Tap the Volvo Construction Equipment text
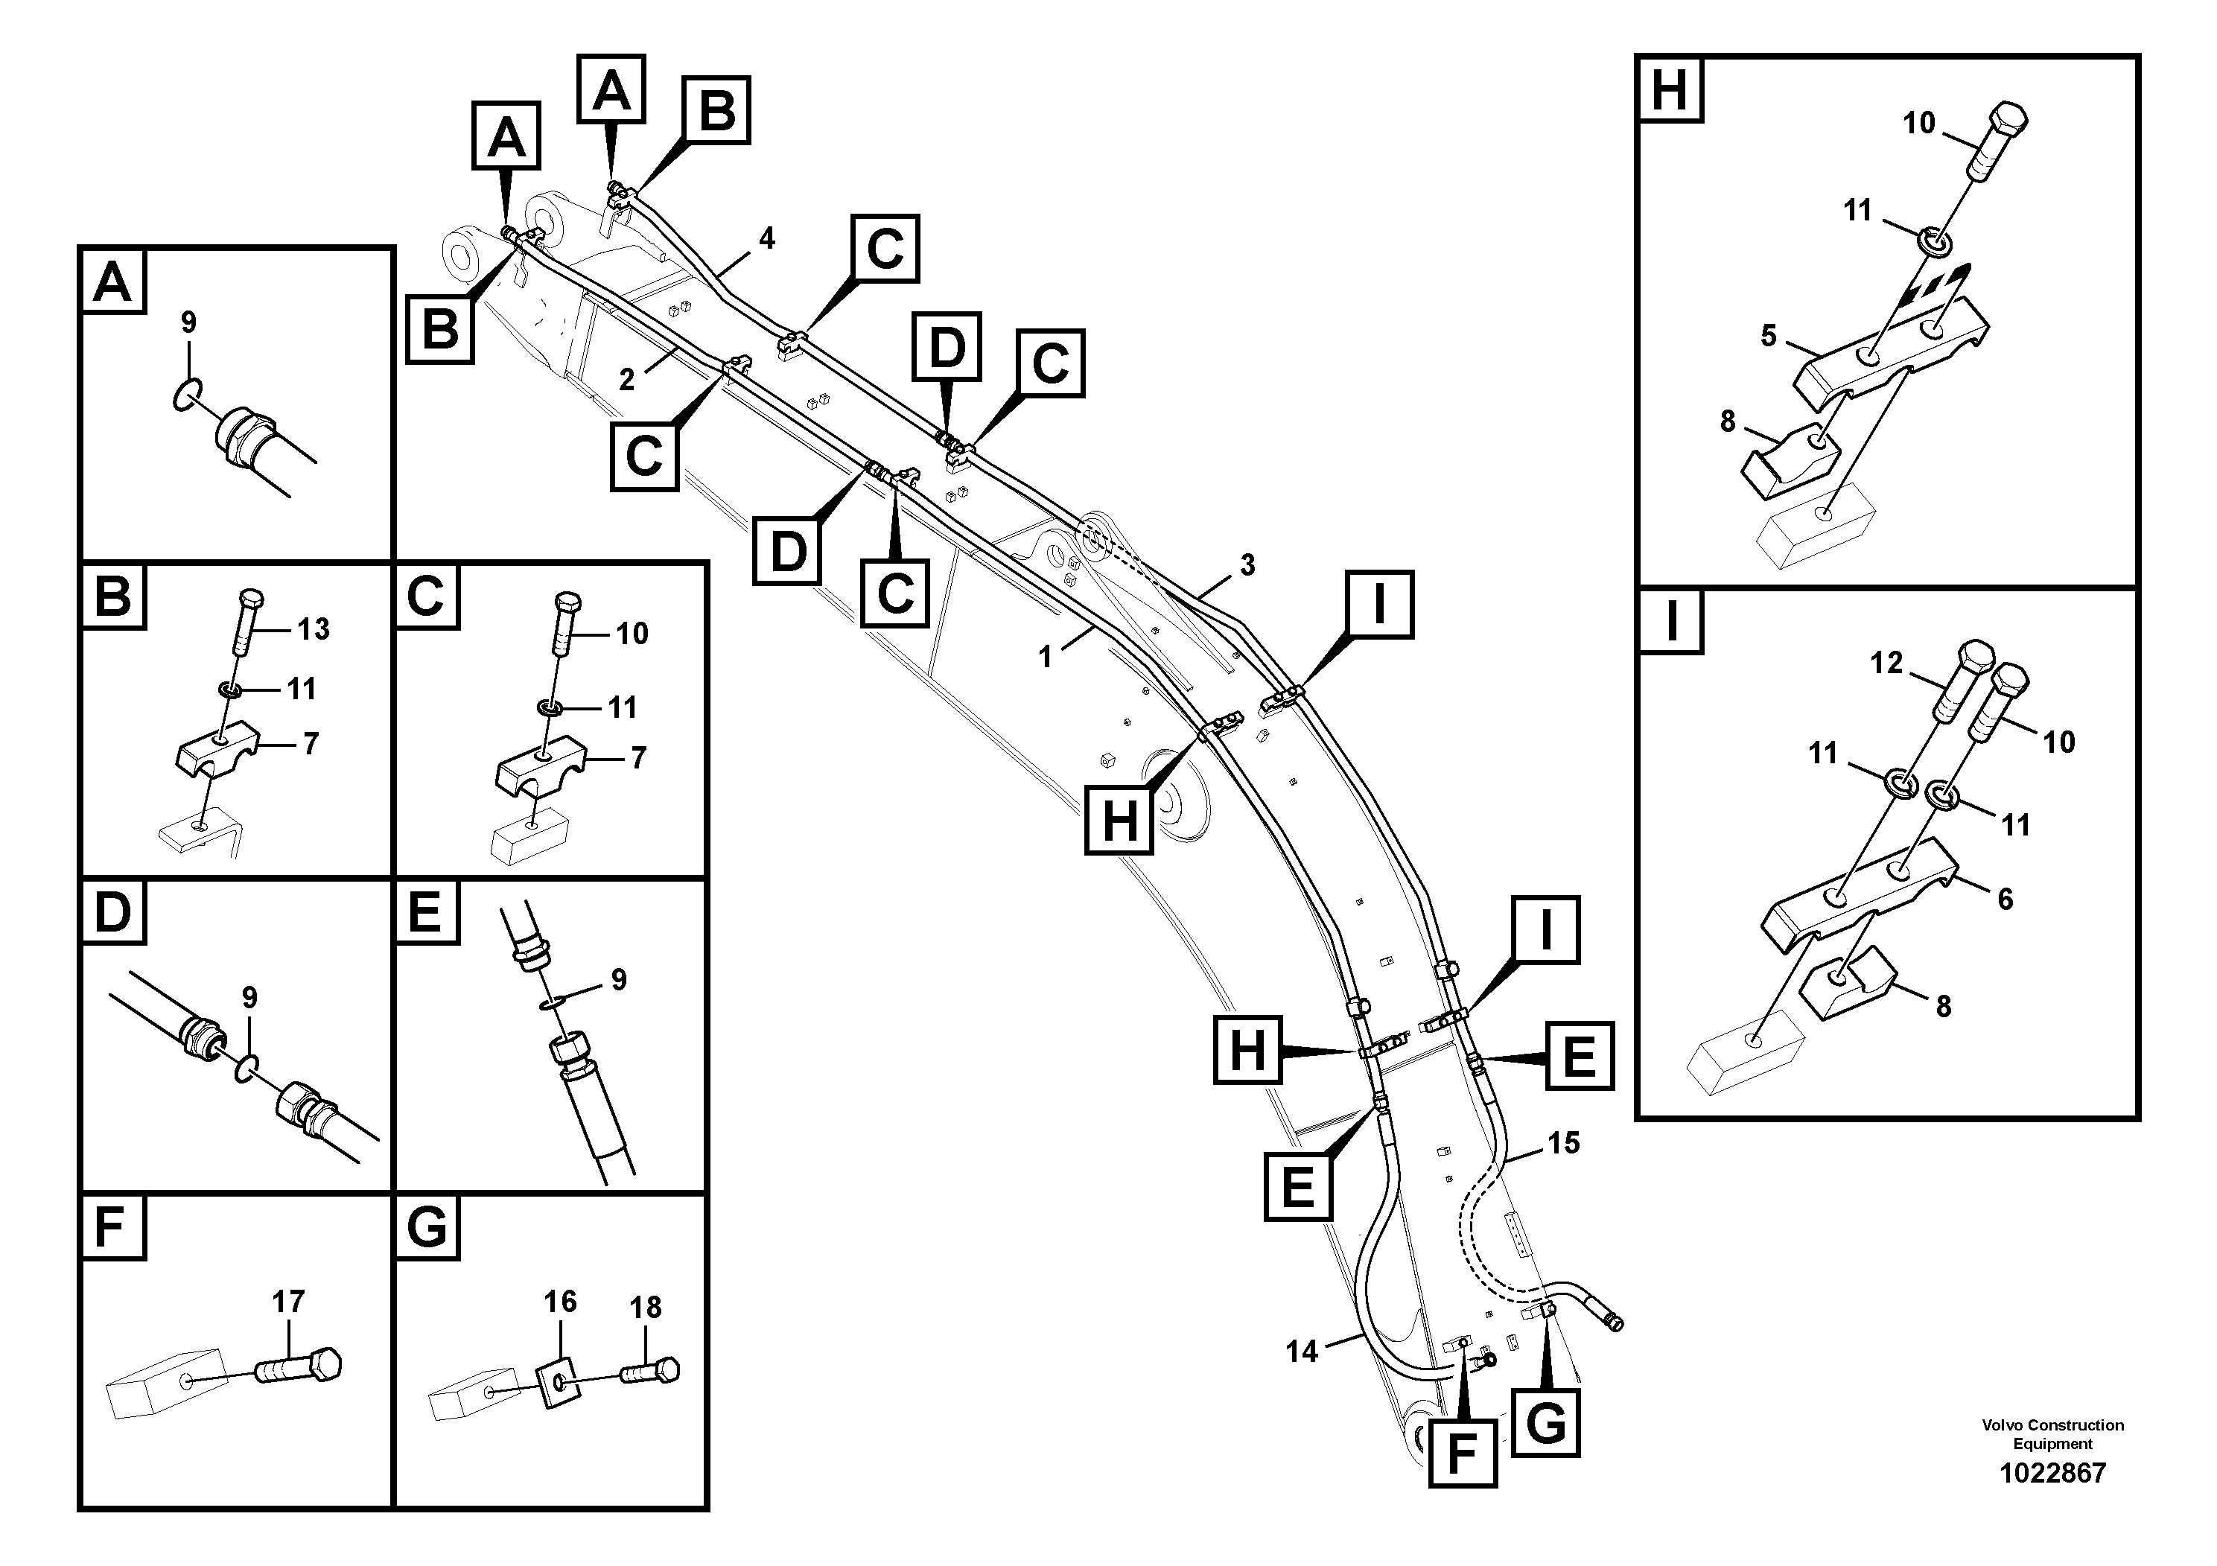pyautogui.click(x=2052, y=1433)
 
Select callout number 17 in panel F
pyautogui.click(x=287, y=1302)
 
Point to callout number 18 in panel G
pyautogui.click(x=645, y=1308)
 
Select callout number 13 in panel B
pyautogui.click(x=313, y=628)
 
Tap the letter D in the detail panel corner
pyautogui.click(x=113, y=911)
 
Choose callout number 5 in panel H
pyautogui.click(x=1768, y=335)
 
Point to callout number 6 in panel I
pyautogui.click(x=2005, y=899)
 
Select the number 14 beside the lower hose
pyautogui.click(x=1301, y=1351)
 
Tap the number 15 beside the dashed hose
pyautogui.click(x=1563, y=1143)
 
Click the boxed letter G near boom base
pyautogui.click(x=1546, y=1423)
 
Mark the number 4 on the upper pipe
pyautogui.click(x=767, y=238)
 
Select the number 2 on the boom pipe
pyautogui.click(x=626, y=380)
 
